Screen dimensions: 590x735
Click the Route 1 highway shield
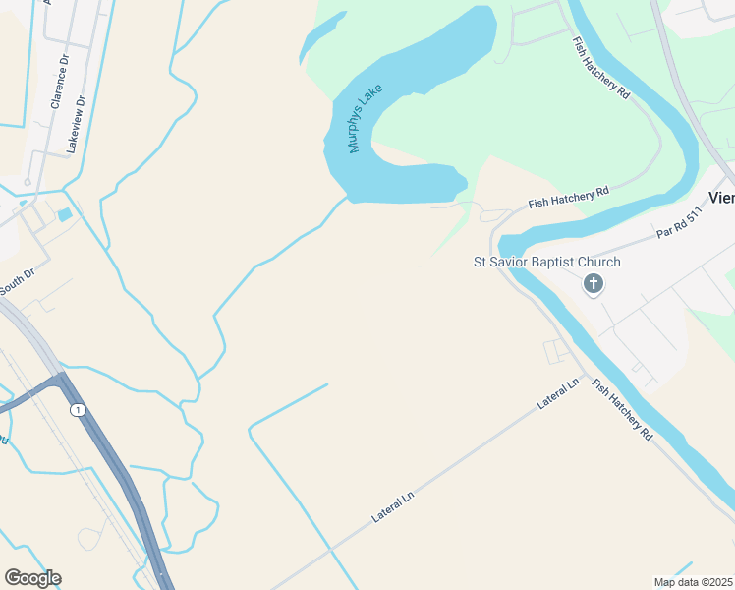(78, 408)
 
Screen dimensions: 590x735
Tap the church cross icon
(593, 285)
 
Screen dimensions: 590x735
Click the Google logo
(32, 578)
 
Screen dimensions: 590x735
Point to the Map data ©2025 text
(692, 582)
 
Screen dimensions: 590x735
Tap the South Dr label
(17, 281)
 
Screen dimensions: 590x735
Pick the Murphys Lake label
(365, 125)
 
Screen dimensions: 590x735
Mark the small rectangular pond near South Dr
(65, 214)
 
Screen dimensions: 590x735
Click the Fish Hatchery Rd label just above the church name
(569, 197)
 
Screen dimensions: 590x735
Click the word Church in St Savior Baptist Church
(600, 263)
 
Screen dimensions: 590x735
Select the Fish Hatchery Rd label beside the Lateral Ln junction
(622, 409)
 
